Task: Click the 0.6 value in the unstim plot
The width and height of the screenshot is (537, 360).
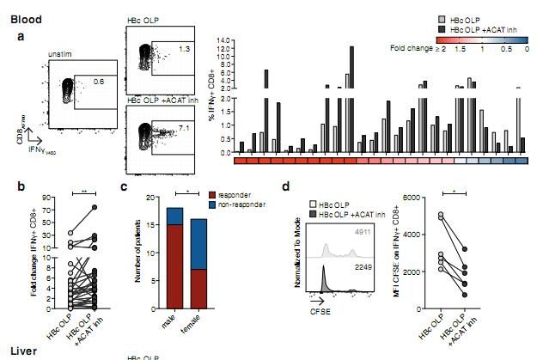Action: tap(98, 82)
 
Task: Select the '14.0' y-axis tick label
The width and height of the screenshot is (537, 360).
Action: tap(225, 40)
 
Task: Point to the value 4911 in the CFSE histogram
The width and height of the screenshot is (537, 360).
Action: tap(368, 231)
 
